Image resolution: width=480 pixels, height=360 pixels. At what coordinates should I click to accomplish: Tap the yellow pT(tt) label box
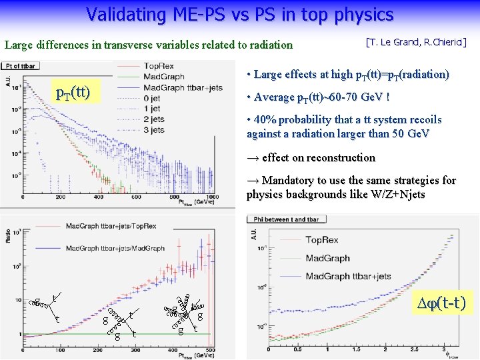click(72, 91)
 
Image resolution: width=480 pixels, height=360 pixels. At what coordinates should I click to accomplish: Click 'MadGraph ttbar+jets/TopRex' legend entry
click(111, 226)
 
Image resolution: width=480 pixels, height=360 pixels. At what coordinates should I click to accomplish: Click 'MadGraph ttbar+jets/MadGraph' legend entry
click(115, 248)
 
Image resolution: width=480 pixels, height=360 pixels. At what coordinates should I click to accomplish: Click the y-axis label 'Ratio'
click(7, 237)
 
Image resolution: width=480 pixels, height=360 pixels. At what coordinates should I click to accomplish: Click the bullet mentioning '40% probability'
click(344, 126)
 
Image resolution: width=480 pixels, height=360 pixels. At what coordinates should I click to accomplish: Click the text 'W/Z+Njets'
click(396, 195)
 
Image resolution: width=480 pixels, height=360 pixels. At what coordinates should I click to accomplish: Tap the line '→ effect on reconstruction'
click(311, 157)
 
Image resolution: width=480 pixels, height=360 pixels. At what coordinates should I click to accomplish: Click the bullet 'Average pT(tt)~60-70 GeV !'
click(318, 97)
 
